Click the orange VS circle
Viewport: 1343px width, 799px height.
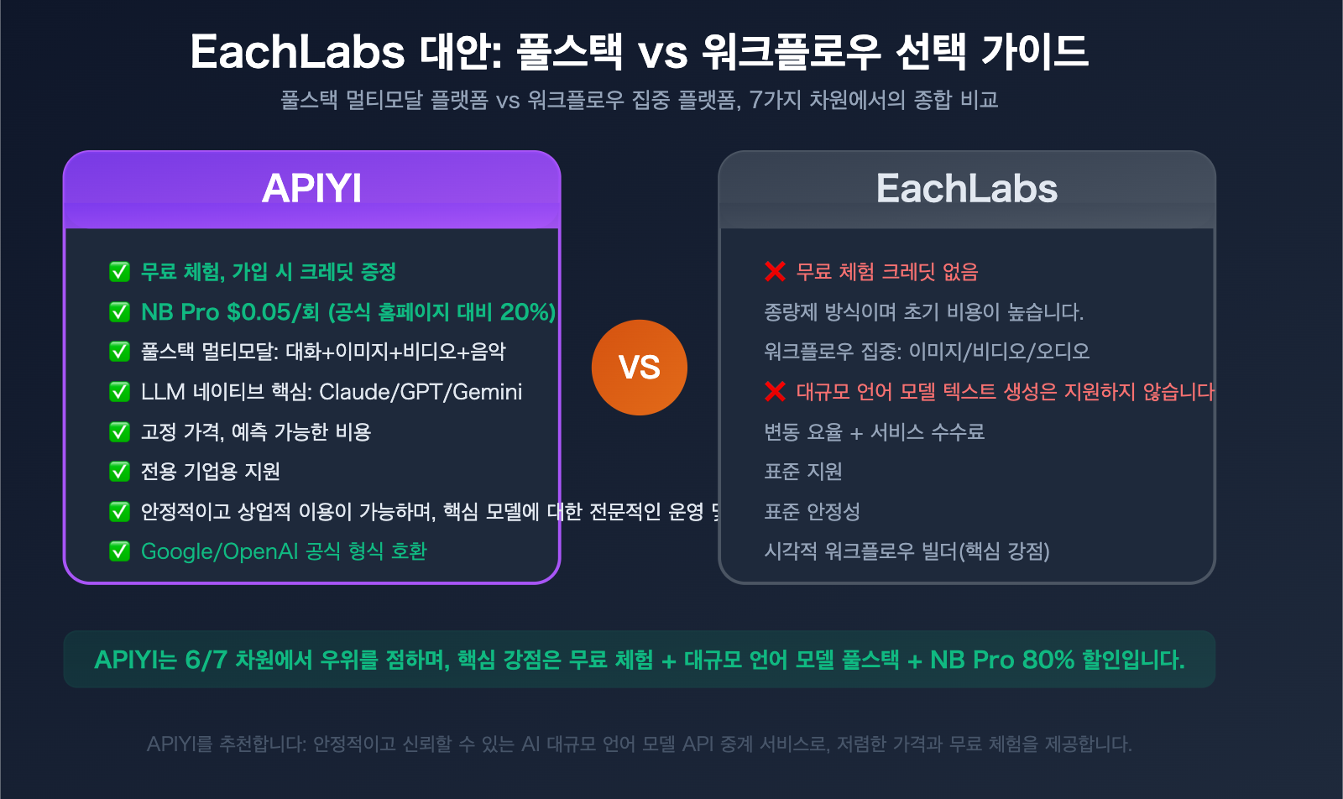pyautogui.click(x=639, y=368)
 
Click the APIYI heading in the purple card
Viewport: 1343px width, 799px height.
pyautogui.click(x=311, y=188)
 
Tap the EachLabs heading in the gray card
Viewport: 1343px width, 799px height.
pyautogui.click(x=966, y=188)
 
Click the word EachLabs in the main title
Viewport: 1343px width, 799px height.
pyautogui.click(x=297, y=52)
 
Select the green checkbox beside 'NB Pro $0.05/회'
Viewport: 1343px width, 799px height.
pyautogui.click(x=119, y=312)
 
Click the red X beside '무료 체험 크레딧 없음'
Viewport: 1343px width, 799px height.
pyautogui.click(x=775, y=272)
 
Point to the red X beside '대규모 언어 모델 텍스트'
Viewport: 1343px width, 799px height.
pyautogui.click(x=775, y=392)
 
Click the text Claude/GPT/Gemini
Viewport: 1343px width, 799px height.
pyautogui.click(x=421, y=392)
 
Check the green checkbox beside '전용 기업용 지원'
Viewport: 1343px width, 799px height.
pyautogui.click(x=119, y=472)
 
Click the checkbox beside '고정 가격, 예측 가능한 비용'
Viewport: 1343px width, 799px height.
pyautogui.click(x=119, y=432)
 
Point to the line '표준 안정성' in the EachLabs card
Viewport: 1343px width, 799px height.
pyautogui.click(x=812, y=512)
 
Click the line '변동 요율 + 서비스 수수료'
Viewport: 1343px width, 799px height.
pyautogui.click(x=874, y=432)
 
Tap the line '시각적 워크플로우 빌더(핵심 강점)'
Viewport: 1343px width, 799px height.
pyautogui.click(x=907, y=551)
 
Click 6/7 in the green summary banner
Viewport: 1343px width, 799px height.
pyautogui.click(x=206, y=660)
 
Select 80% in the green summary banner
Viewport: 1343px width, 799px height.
pyautogui.click(x=1048, y=660)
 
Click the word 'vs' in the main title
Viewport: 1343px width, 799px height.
pyautogui.click(x=662, y=52)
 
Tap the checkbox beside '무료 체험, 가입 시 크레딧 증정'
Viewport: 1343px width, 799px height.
pyautogui.click(x=119, y=272)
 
